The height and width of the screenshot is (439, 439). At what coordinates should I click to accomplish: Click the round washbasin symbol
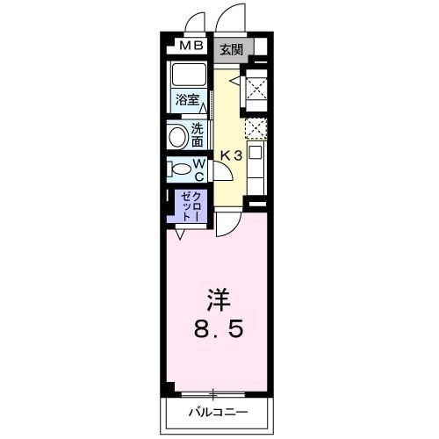click(178, 136)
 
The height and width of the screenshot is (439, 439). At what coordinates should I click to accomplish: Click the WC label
click(199, 168)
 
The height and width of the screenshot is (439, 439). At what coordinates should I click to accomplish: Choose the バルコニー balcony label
click(217, 412)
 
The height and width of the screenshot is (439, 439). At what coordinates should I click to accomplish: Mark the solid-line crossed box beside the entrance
click(255, 87)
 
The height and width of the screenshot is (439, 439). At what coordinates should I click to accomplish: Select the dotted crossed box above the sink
click(255, 128)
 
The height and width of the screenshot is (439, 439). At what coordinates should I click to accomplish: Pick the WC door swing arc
click(221, 170)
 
